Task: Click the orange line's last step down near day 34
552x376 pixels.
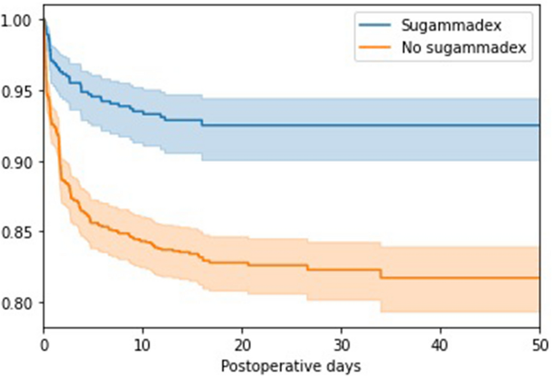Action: [380, 274]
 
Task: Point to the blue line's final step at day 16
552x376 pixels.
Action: [202, 123]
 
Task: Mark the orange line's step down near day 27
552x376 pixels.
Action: [307, 267]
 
